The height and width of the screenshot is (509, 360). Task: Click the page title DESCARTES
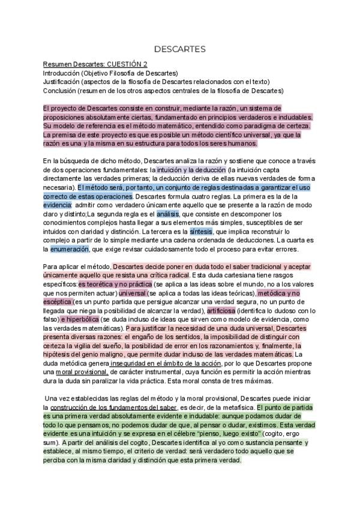click(x=180, y=48)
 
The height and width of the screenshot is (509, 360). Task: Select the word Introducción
click(x=61, y=73)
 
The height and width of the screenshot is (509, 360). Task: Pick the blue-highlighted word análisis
click(x=168, y=214)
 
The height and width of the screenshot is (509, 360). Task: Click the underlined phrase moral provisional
click(x=81, y=373)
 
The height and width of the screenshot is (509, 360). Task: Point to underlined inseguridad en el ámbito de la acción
click(x=172, y=364)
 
